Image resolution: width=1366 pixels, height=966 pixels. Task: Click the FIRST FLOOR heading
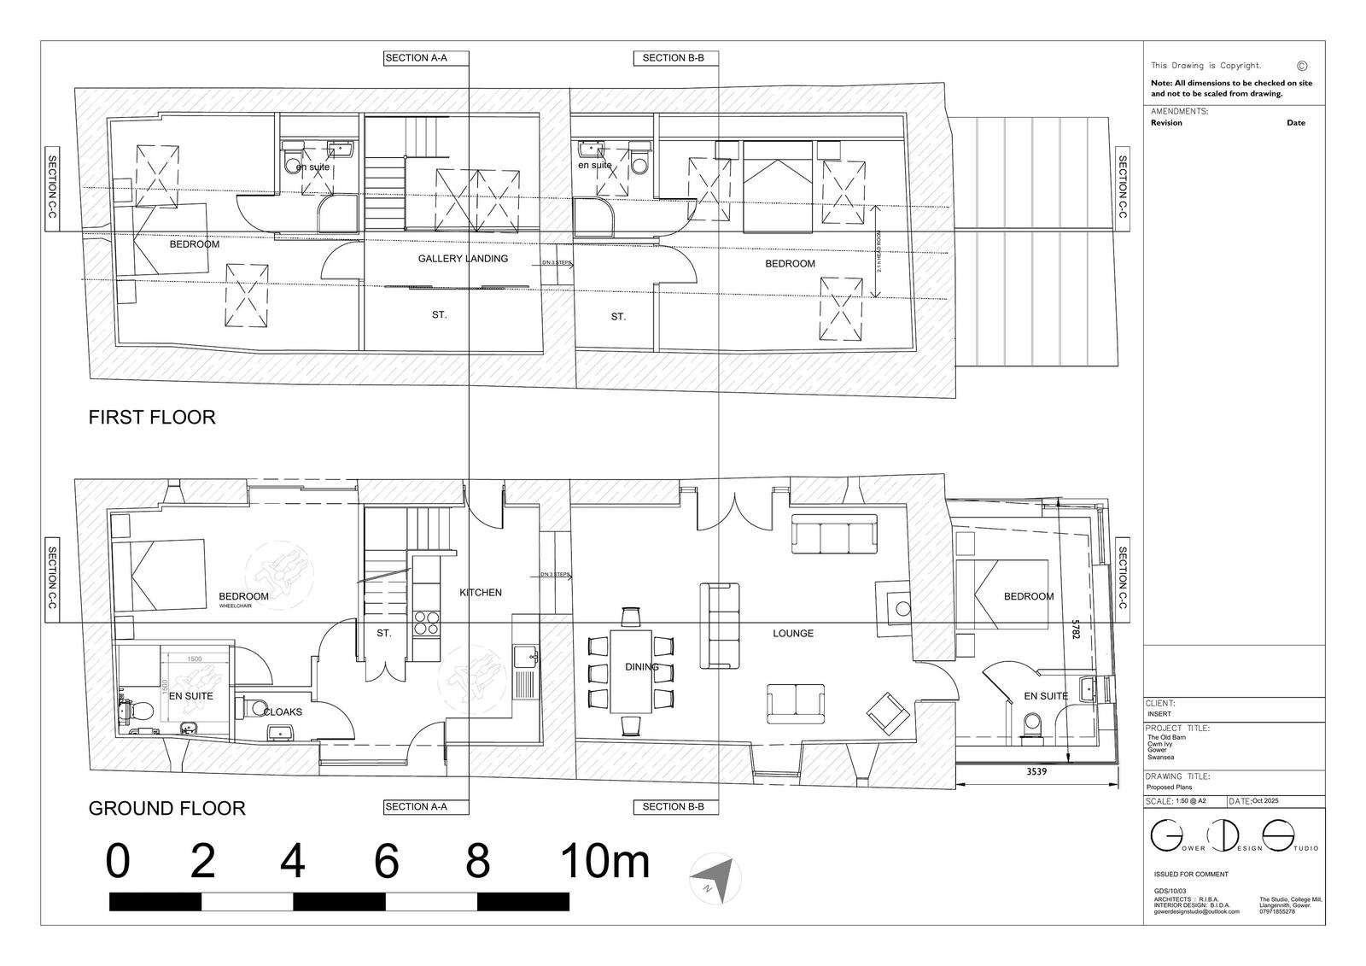(152, 418)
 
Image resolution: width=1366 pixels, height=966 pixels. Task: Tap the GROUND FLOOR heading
(167, 808)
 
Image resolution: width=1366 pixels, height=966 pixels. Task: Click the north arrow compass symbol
(715, 879)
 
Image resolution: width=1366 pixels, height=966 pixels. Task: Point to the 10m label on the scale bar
(604, 862)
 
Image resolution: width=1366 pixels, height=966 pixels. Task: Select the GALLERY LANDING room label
(463, 259)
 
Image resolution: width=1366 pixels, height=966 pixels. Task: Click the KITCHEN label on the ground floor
(481, 593)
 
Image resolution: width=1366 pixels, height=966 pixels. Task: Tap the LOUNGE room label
(793, 634)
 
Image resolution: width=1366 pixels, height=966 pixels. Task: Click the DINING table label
(640, 667)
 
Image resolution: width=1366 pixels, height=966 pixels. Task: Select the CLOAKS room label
(283, 711)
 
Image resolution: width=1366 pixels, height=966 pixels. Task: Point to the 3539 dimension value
(1037, 771)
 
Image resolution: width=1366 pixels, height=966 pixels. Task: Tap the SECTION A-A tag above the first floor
(416, 58)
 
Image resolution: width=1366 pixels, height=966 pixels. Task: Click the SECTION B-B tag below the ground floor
(674, 807)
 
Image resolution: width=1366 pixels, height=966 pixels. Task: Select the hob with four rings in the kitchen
(425, 624)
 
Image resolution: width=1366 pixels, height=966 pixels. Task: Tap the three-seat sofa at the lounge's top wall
(835, 535)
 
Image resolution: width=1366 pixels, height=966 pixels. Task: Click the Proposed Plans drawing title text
(1170, 787)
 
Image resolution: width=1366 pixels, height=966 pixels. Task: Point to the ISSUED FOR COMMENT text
(1191, 875)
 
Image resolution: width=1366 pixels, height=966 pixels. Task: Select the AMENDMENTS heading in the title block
(1179, 112)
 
